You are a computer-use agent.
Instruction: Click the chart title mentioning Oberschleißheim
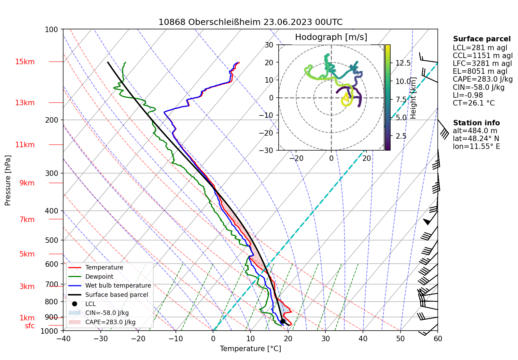point(250,22)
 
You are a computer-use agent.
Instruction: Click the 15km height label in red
point(25,62)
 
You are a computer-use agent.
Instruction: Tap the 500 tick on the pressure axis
point(52,240)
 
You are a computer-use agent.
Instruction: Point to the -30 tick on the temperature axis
point(100,339)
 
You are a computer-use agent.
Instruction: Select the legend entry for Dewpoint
point(99,277)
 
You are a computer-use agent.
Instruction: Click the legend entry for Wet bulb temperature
point(118,286)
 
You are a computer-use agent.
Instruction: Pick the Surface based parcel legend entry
point(116,295)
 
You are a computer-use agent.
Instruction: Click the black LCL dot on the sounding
point(283,321)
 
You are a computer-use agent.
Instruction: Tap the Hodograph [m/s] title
point(331,37)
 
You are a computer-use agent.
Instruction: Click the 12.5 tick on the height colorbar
point(403,63)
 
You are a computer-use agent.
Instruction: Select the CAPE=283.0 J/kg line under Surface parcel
point(482,80)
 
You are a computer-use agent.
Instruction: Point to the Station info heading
point(476,123)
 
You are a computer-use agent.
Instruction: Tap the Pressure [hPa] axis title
point(8,180)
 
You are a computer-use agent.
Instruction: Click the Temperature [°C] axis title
point(250,349)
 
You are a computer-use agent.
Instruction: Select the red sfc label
point(30,326)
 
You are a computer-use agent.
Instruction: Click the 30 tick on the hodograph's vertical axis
point(269,45)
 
